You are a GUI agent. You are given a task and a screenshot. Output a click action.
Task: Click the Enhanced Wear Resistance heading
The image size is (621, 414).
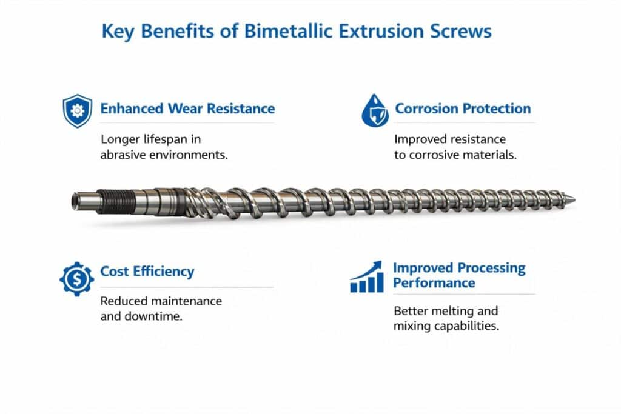tap(187, 109)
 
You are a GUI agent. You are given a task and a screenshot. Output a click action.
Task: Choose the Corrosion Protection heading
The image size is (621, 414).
tap(463, 109)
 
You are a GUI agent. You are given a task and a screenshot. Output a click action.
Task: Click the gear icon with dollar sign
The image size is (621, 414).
tap(77, 278)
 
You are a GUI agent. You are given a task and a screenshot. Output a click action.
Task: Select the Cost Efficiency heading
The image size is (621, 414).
tap(147, 271)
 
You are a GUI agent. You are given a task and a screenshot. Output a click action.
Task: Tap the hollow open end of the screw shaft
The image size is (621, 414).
tap(75, 200)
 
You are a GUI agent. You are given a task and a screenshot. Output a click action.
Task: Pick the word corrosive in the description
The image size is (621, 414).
tap(435, 155)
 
